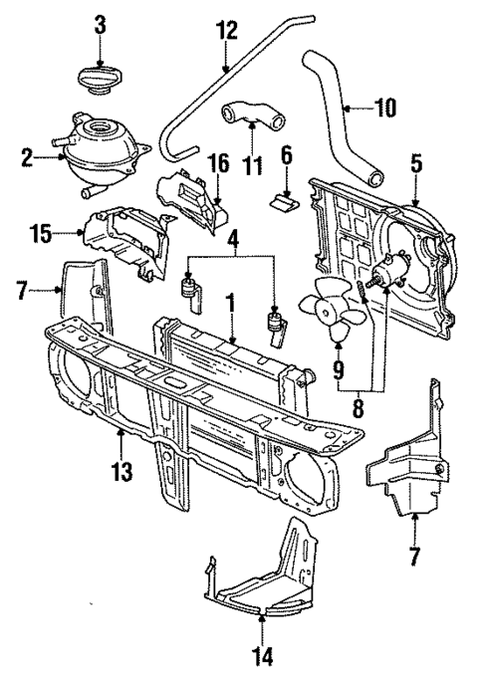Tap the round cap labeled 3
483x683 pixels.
click(x=101, y=76)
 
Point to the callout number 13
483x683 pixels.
click(x=121, y=472)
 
